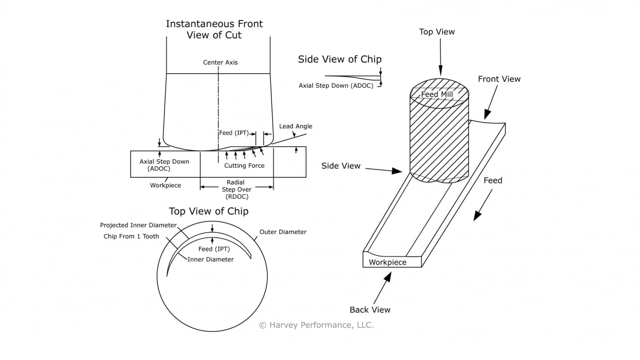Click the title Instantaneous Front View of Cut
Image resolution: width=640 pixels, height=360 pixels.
point(214,29)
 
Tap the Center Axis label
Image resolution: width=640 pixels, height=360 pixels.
point(220,63)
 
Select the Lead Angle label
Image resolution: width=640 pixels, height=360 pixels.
point(295,127)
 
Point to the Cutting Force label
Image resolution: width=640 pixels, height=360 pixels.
point(244,166)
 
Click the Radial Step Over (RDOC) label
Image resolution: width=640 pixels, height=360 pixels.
point(235,190)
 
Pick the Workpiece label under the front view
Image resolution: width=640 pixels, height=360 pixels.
point(165,185)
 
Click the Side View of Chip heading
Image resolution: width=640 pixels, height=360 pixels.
point(339,59)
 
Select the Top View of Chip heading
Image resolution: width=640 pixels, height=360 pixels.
point(208,212)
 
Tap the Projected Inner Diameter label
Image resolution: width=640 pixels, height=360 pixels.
point(138,225)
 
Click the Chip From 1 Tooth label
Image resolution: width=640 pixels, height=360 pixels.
point(131,236)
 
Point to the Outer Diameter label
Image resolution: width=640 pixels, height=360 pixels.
point(283,232)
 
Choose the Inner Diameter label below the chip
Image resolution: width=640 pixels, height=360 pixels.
point(210,259)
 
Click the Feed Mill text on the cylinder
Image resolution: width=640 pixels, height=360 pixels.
point(437,95)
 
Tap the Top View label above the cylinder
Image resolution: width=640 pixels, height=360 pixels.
point(437,32)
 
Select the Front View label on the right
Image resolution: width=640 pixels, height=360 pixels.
point(499,79)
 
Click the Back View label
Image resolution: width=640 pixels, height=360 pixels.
point(370,310)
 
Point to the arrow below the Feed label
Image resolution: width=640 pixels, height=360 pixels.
point(483,205)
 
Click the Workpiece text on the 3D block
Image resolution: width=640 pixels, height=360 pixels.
point(387,262)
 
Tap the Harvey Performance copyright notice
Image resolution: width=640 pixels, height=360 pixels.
point(316,325)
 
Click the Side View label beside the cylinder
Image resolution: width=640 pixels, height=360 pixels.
point(341,166)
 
